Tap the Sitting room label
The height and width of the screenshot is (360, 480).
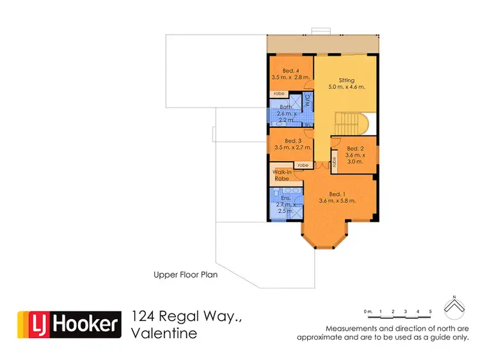tap(346, 81)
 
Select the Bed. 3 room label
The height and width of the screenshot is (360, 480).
tap(292, 141)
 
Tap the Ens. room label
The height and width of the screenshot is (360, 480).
tap(285, 198)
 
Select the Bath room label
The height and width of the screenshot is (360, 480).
tap(285, 107)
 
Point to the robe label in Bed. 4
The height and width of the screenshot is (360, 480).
tap(279, 94)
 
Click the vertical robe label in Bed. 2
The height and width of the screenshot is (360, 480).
tap(335, 162)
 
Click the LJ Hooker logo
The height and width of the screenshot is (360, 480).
tap(69, 324)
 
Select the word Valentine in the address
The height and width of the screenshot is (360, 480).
tap(164, 333)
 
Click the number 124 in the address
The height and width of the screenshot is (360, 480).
tap(145, 316)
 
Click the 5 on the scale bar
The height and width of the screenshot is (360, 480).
tap(430, 312)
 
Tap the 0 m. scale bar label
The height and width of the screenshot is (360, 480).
tap(367, 312)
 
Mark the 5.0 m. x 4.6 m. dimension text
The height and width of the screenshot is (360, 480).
tap(346, 87)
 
